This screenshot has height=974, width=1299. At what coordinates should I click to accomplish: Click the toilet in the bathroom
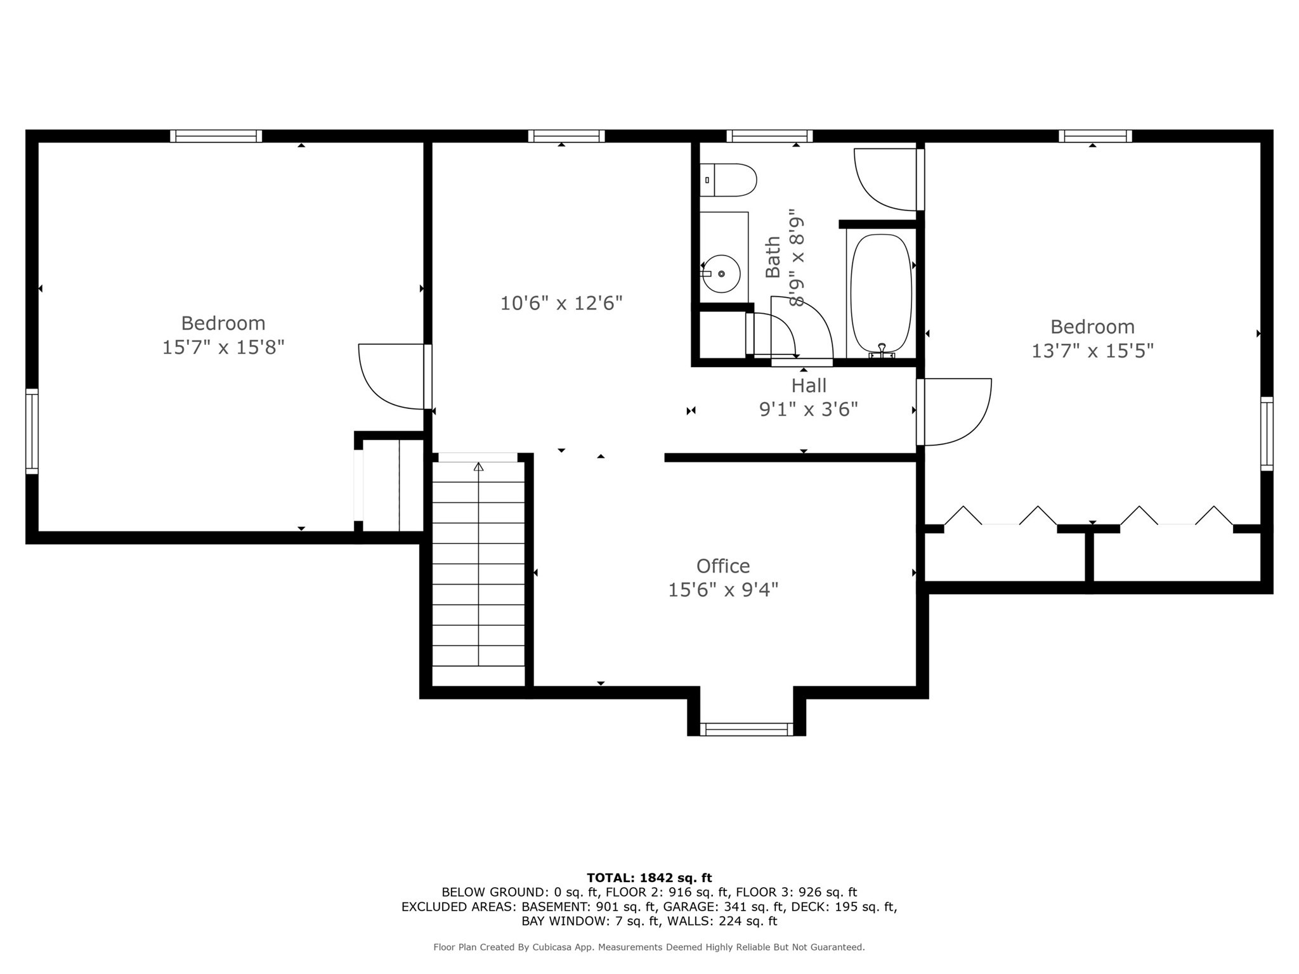coord(729,180)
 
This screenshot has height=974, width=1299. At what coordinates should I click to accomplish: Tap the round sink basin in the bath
coord(721,273)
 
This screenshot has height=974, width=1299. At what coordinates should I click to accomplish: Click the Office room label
coord(723,566)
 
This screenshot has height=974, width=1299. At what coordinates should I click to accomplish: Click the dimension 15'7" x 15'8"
coord(223,347)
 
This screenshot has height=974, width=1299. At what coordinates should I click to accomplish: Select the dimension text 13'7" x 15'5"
coord(1092,351)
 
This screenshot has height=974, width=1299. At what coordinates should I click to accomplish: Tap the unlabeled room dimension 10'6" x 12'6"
coord(561,303)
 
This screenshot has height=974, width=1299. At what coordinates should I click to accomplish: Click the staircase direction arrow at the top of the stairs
coord(478,467)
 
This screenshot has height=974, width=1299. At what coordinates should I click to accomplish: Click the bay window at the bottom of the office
coord(746,729)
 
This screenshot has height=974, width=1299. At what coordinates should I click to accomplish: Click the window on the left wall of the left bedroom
coord(32,431)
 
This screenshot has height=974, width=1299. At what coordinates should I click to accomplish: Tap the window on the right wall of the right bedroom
coord(1266,434)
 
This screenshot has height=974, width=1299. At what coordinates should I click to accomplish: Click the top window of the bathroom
coord(769,136)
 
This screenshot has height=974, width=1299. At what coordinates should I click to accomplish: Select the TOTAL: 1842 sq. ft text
coord(649,878)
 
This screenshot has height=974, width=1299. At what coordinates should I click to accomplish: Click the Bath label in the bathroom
coord(773,257)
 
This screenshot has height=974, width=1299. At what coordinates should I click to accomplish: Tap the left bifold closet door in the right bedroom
coord(1000,516)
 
